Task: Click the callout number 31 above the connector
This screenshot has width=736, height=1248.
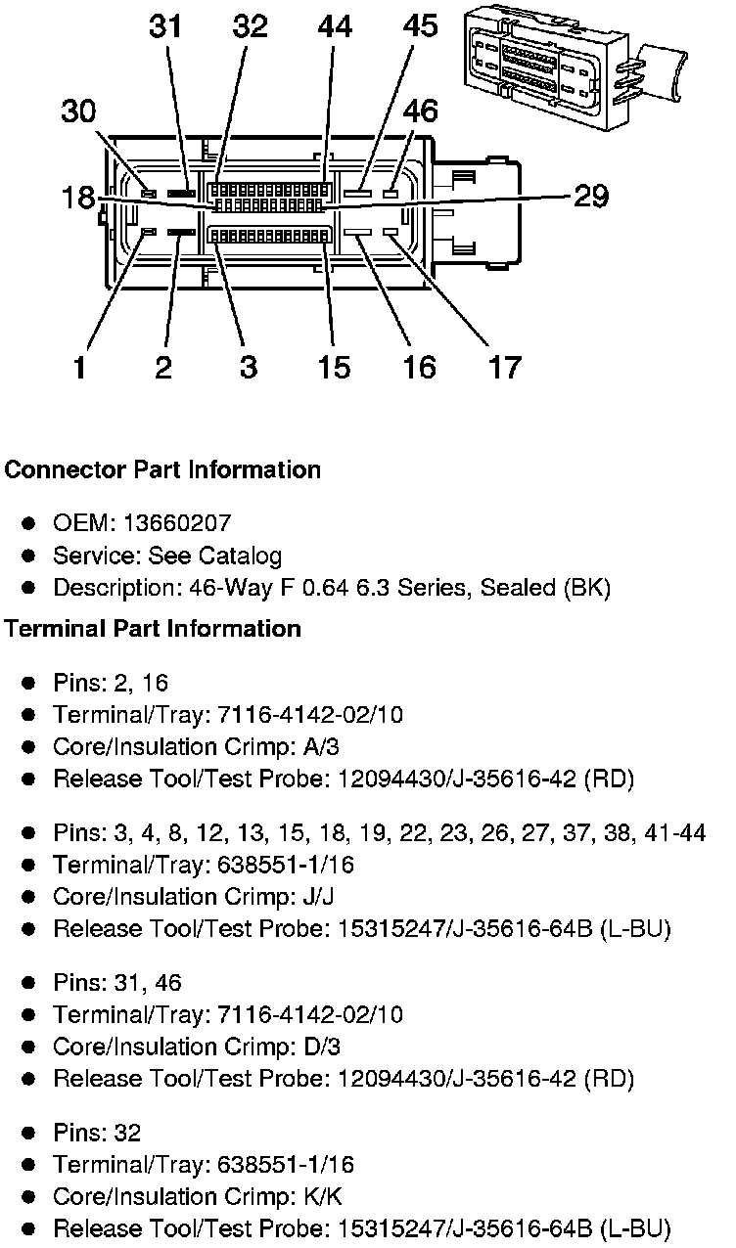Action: tap(165, 26)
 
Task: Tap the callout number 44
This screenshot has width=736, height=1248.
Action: tap(334, 26)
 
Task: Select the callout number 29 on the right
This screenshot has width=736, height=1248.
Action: tap(589, 197)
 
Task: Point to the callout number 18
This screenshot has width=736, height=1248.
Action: tap(79, 197)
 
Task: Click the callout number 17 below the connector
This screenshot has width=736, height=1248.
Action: tap(505, 367)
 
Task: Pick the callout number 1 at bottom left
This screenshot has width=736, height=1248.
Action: tap(79, 367)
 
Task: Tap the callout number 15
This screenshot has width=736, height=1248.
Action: tap(334, 367)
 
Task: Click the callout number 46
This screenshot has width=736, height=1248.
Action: tap(420, 111)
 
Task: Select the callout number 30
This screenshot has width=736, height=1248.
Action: tap(79, 111)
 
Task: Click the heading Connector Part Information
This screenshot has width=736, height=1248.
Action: tap(162, 469)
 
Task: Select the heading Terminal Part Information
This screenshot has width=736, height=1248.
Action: tap(153, 628)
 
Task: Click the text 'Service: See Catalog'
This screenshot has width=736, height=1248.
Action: tap(167, 556)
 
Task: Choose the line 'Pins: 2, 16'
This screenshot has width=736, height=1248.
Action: tap(111, 683)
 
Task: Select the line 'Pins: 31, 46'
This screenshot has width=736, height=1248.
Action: tap(117, 982)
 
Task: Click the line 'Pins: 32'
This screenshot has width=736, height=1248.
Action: tap(97, 1133)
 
